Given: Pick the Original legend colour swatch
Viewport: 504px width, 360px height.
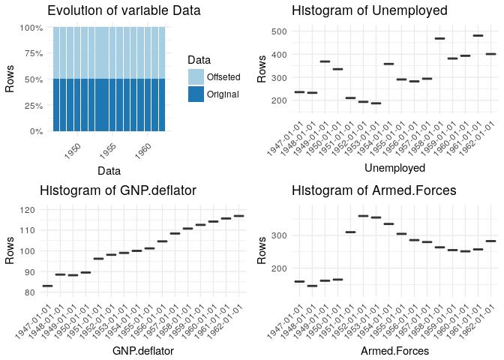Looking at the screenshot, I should (196, 94).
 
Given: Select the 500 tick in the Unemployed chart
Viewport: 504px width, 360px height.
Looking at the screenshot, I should (279, 31).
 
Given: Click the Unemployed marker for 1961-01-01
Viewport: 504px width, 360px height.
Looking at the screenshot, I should (478, 35).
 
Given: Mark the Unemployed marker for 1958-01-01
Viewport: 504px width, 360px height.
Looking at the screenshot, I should (439, 38).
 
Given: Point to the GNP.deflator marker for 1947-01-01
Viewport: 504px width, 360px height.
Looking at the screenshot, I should (47, 286).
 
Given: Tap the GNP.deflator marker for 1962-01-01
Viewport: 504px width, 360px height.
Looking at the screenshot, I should (238, 216).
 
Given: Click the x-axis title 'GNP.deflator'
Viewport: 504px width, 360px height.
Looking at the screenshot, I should (143, 350).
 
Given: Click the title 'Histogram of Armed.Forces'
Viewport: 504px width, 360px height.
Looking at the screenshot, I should (375, 190).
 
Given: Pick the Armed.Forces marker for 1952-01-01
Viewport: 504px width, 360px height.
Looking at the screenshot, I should (363, 216).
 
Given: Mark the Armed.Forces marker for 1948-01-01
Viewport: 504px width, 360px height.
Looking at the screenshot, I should (312, 286).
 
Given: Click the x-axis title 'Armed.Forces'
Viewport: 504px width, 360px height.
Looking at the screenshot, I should (394, 350).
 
